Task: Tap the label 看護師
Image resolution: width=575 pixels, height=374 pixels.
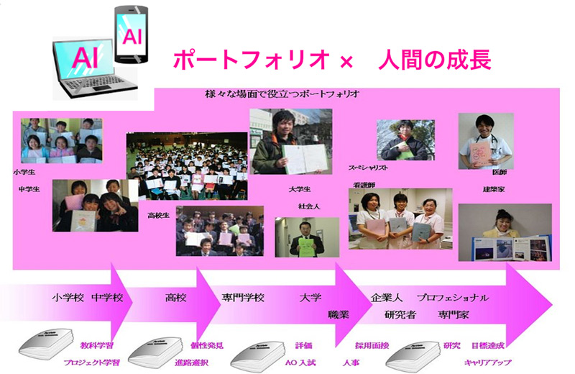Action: point(361,184)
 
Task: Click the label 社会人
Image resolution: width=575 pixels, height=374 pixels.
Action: point(309,206)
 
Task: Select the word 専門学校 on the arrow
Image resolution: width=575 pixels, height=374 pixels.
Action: point(243,297)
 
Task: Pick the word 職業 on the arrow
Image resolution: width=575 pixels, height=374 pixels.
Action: point(339,314)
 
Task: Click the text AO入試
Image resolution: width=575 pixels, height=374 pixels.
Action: point(300,362)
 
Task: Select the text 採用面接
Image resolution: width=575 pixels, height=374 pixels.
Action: point(372,346)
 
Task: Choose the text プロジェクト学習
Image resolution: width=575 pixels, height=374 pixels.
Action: point(90,362)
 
